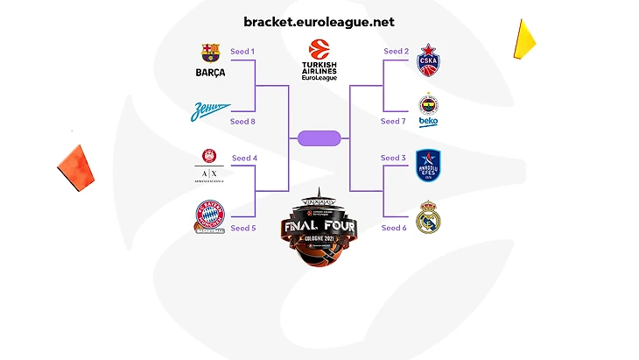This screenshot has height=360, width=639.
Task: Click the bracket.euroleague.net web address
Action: (319, 21)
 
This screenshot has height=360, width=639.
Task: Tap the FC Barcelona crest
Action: (211, 60)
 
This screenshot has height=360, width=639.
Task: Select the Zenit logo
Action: (211, 111)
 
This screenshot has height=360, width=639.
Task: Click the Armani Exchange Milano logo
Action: (210, 166)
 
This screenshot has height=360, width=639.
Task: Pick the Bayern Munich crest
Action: (210, 217)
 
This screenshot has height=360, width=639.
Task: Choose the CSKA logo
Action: (429, 57)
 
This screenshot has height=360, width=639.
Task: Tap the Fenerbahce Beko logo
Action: (428, 109)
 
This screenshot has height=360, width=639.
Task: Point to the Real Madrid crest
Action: (428, 218)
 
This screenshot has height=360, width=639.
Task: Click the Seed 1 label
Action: (242, 52)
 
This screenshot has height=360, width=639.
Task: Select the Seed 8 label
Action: (242, 122)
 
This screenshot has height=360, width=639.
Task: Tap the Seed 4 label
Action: (244, 159)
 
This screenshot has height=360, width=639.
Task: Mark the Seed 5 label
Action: (244, 228)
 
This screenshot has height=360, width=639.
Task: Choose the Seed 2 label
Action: (396, 52)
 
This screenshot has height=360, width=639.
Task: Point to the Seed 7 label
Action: (396, 122)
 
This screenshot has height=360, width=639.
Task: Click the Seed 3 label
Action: (393, 159)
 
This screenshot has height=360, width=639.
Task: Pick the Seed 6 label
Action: (393, 228)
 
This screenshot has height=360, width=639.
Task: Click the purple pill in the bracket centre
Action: (319, 138)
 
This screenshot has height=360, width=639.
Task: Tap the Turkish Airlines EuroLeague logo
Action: (319, 60)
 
